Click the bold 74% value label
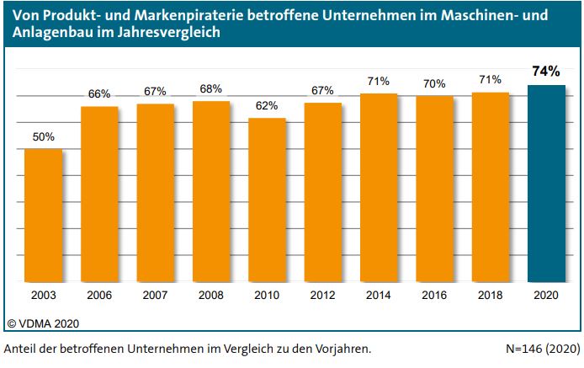(546, 72)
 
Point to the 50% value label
(44, 136)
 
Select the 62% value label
(267, 106)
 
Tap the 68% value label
(211, 88)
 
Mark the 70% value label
(434, 83)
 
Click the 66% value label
(99, 94)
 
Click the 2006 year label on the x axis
(99, 296)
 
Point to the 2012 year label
(322, 296)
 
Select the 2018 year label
(490, 296)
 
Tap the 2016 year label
(434, 296)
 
